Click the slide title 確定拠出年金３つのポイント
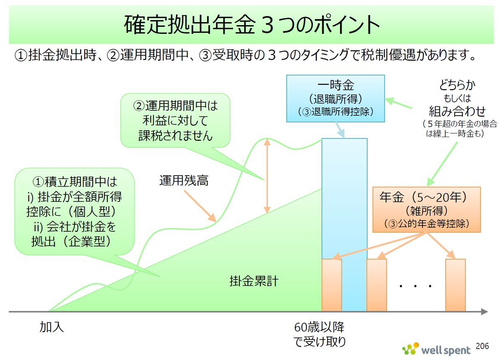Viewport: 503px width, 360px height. coord(252,24)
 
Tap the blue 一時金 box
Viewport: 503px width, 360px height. coord(335,98)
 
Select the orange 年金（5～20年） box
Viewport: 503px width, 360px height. coord(426,210)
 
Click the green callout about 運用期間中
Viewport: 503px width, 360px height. coord(175,121)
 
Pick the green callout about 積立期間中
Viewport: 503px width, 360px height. coord(75,211)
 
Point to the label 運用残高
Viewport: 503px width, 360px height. coord(184,180)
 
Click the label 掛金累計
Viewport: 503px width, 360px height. coord(254,281)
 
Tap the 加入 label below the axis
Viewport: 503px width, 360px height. coord(52,327)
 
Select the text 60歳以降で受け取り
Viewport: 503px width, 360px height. coord(319,334)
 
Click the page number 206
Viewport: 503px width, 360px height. coord(482,346)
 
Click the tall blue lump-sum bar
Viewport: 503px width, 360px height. coord(345,225)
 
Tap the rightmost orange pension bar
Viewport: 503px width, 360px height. coord(456,285)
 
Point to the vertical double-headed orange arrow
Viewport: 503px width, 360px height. coord(267,176)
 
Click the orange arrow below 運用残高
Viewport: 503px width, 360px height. coord(200,206)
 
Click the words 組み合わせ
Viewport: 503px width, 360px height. coord(457,111)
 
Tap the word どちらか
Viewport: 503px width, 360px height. coord(457,85)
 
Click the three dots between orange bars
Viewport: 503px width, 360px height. coord(415,286)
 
